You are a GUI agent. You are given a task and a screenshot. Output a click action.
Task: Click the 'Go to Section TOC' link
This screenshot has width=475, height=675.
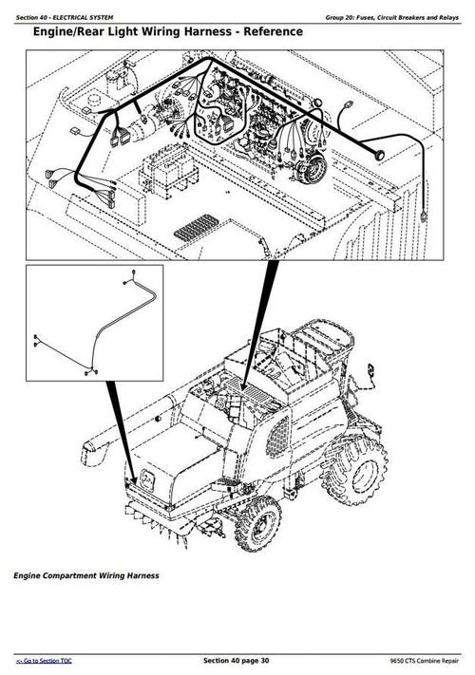(45, 660)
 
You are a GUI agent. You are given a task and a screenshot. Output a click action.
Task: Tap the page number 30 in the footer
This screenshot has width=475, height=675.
(263, 660)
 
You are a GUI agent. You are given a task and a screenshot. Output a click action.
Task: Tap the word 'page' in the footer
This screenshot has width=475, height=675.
(245, 660)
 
